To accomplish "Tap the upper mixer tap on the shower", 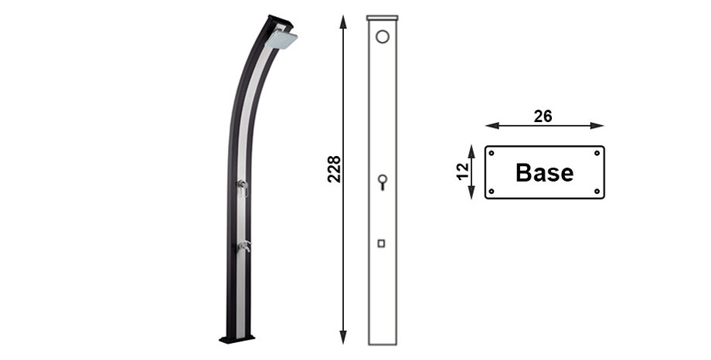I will point(242,185).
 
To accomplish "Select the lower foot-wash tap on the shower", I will point(244,246).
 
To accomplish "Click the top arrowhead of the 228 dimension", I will point(343,20).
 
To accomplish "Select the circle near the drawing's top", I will point(382,36).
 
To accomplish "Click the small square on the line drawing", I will point(381,243).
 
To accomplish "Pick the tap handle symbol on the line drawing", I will point(382,182).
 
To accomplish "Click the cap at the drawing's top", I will point(382,17).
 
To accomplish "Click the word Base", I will point(544,173).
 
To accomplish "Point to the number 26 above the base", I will point(543,116).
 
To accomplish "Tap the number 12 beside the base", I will point(462,172).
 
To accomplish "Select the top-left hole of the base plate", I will point(492,153).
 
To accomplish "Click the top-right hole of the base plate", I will point(597,153).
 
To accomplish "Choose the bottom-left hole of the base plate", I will point(492,191).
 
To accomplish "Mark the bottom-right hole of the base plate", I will point(597,191).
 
